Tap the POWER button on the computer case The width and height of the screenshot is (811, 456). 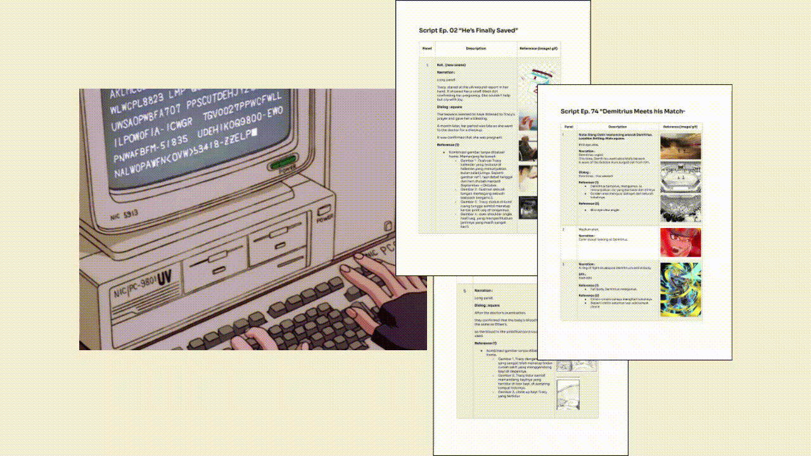coord(325,212)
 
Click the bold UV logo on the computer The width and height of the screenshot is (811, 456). coord(164,278)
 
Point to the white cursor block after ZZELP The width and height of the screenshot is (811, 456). coord(254,132)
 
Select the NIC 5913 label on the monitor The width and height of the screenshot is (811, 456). coord(124,215)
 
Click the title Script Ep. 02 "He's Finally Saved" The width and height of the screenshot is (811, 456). coord(469,30)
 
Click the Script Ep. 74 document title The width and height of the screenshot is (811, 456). coord(623,111)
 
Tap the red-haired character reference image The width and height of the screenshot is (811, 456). coord(680,243)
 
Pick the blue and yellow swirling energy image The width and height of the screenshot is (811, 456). coord(680,289)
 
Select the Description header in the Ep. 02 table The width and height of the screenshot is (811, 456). coord(476,49)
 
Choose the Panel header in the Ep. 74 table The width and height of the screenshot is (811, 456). coord(568,127)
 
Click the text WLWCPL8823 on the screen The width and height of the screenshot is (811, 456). coord(136,102)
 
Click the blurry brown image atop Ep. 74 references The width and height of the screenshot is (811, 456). coord(680,146)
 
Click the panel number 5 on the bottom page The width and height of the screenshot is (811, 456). coord(465,291)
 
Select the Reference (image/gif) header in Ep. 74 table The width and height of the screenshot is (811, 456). coord(680,127)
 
